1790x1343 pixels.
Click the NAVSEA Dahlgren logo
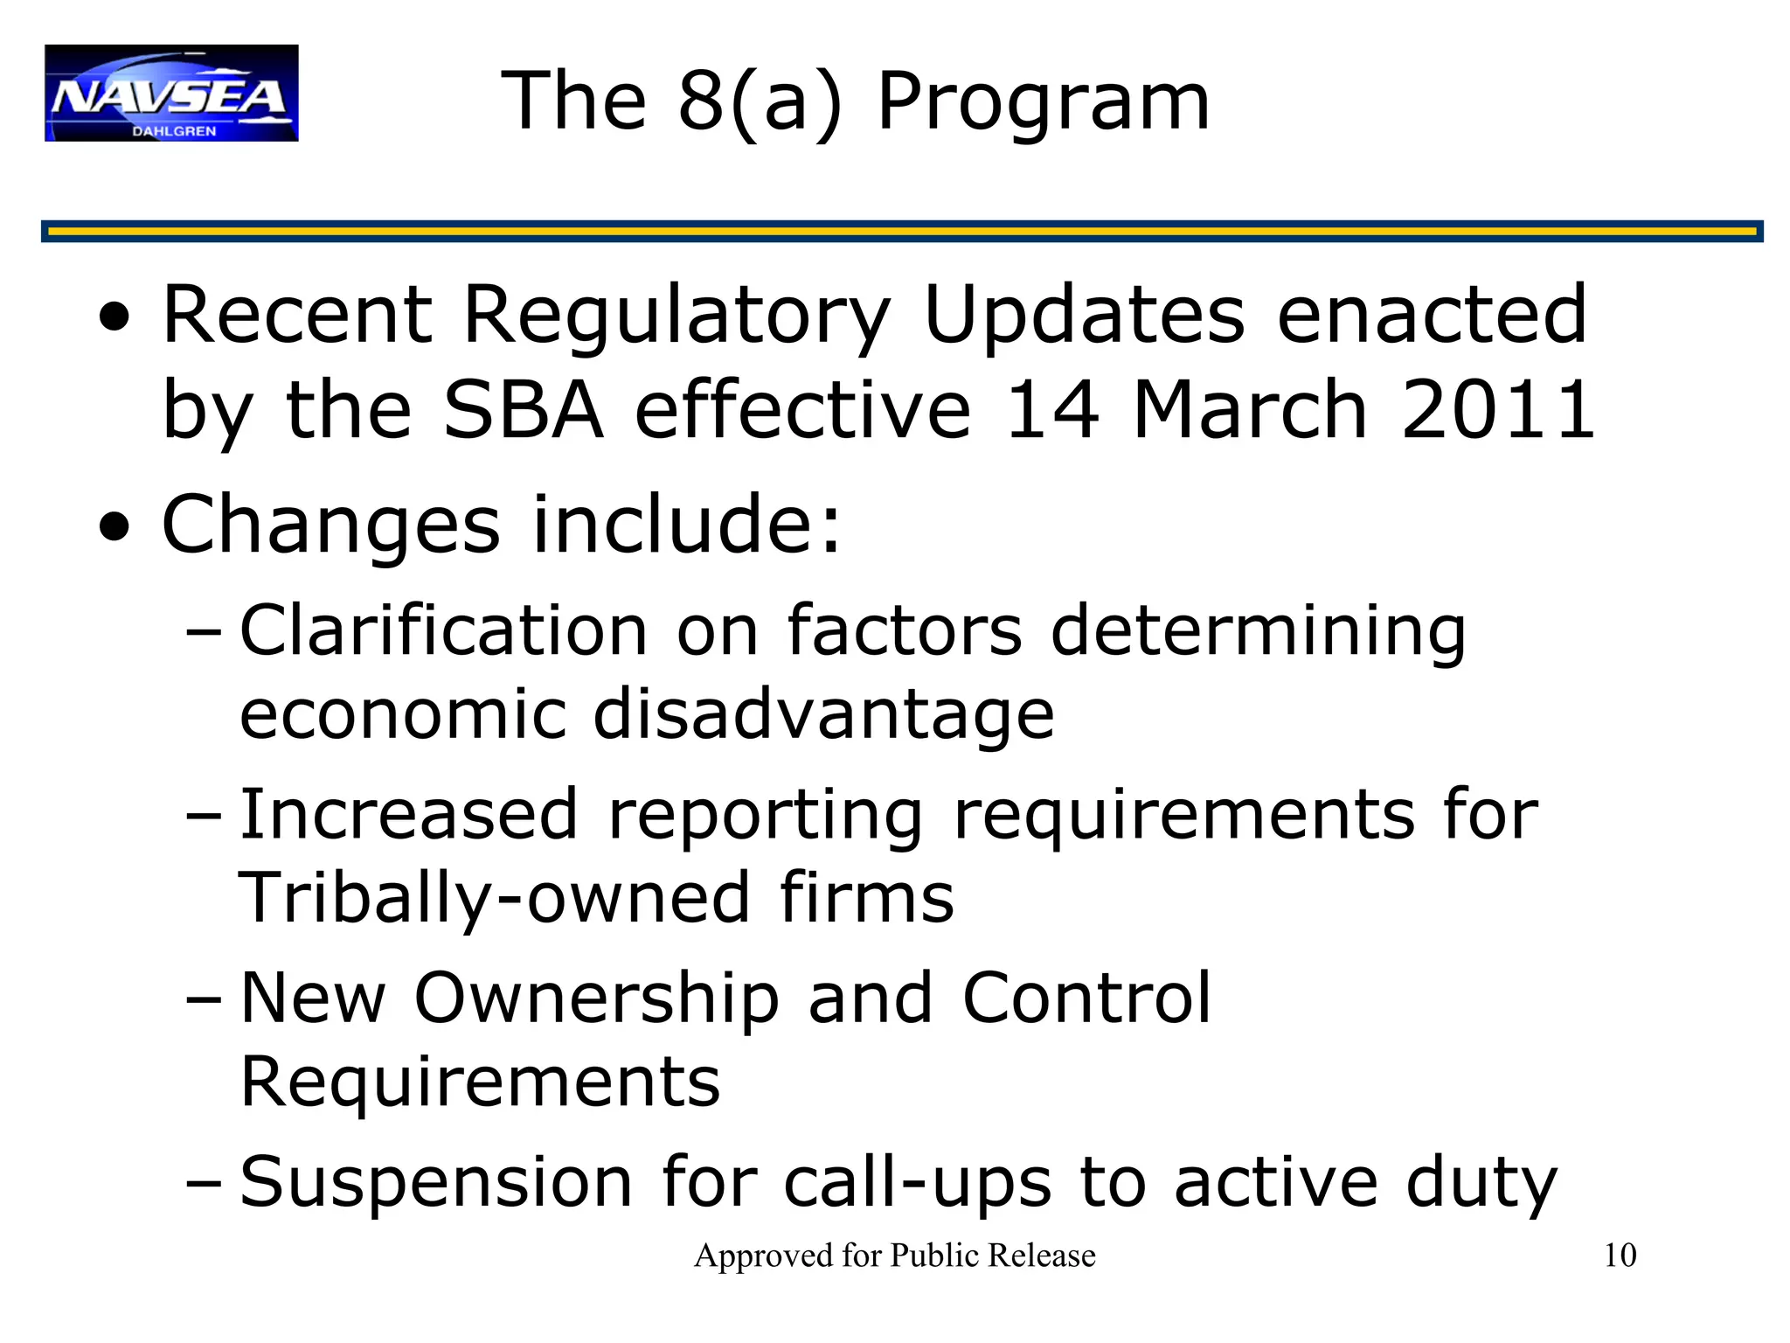point(171,93)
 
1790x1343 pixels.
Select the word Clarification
point(443,630)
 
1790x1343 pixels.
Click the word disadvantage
point(823,714)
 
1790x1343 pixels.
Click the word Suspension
point(435,1182)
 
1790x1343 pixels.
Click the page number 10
point(1620,1256)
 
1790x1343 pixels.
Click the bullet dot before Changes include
point(114,527)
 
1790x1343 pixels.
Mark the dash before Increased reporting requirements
point(205,816)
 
